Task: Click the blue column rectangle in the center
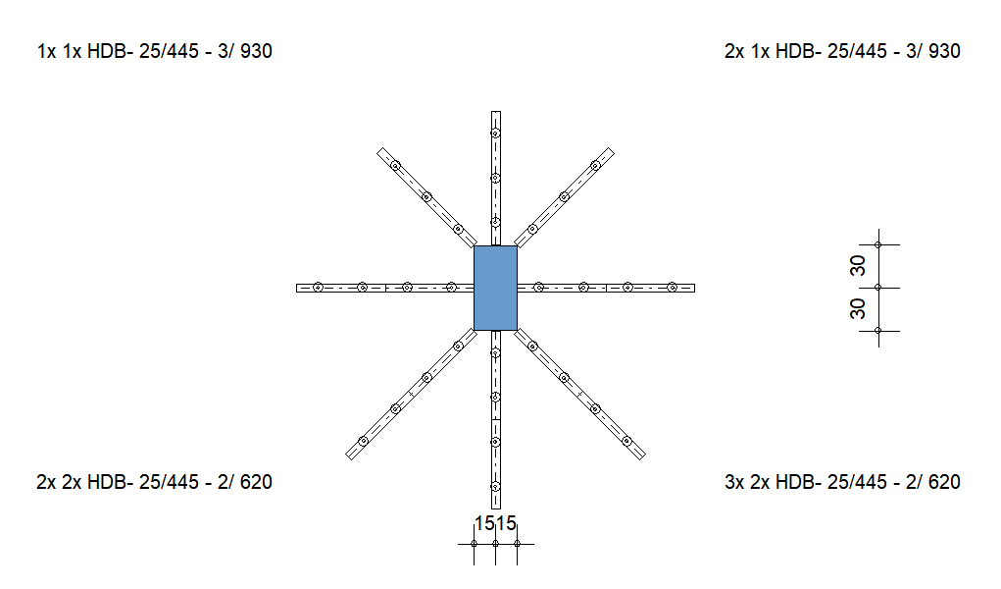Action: point(495,288)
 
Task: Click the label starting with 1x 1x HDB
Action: point(155,51)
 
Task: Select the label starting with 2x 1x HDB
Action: point(842,51)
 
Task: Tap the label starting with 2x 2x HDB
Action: point(155,482)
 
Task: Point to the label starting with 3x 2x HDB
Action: point(842,482)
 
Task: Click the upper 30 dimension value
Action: point(858,265)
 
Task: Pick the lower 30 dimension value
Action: point(858,308)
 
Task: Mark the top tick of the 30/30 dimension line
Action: point(878,245)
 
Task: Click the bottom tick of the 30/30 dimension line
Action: point(878,331)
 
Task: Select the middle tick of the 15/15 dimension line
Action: point(495,544)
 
